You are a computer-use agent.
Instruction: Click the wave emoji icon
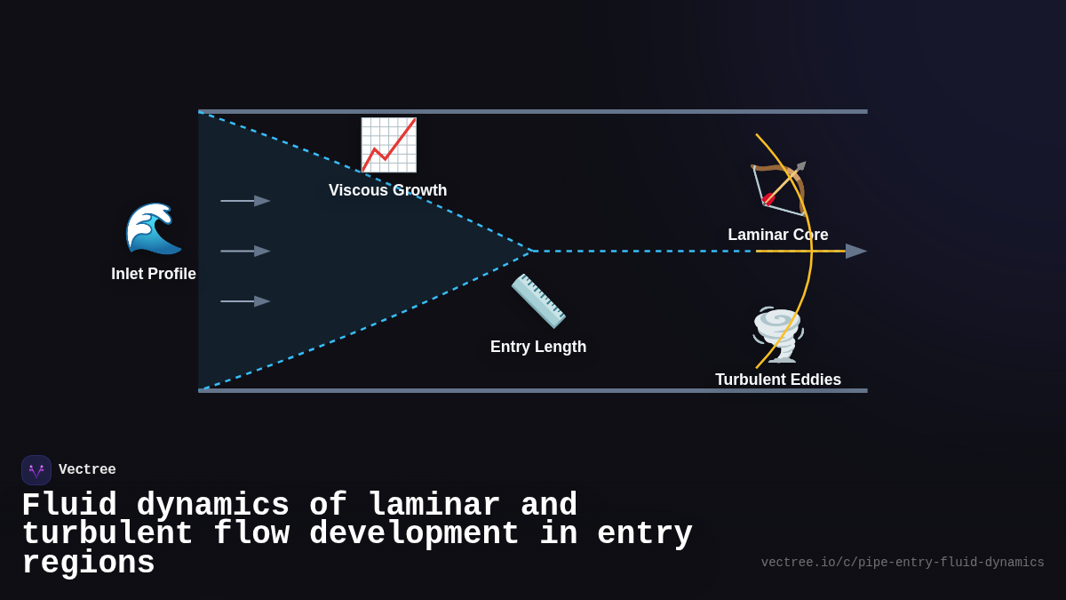pyautogui.click(x=154, y=228)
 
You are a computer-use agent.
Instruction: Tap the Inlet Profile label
pyautogui.click(x=154, y=274)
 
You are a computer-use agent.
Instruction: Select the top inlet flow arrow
pyautogui.click(x=245, y=201)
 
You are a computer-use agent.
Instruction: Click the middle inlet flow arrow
pyautogui.click(x=245, y=252)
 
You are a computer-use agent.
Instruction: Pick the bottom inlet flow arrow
pyautogui.click(x=245, y=301)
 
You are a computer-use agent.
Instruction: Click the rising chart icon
pyautogui.click(x=388, y=145)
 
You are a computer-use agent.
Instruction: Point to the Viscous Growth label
pyautogui.click(x=387, y=190)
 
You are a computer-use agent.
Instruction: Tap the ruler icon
pyautogui.click(x=538, y=300)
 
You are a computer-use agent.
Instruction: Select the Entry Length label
pyautogui.click(x=538, y=347)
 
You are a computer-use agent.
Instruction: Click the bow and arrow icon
pyautogui.click(x=778, y=188)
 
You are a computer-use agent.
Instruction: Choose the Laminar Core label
pyautogui.click(x=778, y=235)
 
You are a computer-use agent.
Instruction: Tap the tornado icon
pyautogui.click(x=778, y=334)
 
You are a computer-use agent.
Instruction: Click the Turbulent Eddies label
pyautogui.click(x=778, y=380)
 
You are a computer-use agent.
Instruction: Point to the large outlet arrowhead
pyautogui.click(x=855, y=252)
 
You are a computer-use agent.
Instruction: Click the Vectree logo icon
pyautogui.click(x=36, y=470)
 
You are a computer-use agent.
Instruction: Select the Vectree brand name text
pyautogui.click(x=87, y=470)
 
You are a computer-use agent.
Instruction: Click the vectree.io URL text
pyautogui.click(x=903, y=563)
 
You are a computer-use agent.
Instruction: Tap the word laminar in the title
pyautogui.click(x=434, y=505)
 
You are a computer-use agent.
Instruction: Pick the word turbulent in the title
pyautogui.click(x=107, y=533)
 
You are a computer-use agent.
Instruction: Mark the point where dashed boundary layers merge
pyautogui.click(x=531, y=251)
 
